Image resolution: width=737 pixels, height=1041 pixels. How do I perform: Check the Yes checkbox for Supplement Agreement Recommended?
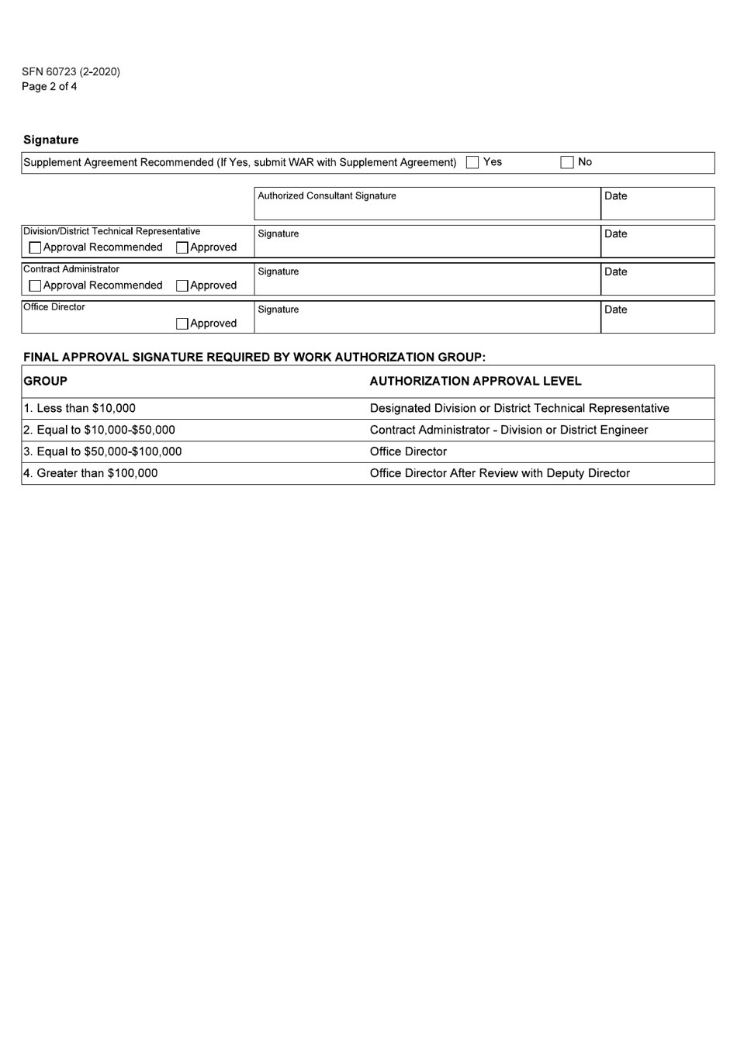pyautogui.click(x=472, y=163)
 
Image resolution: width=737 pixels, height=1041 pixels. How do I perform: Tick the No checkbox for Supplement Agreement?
pyautogui.click(x=567, y=163)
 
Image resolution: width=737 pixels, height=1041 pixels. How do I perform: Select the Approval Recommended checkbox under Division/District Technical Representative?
pyautogui.click(x=35, y=248)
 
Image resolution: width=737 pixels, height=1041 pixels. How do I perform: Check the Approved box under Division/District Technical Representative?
pyautogui.click(x=182, y=248)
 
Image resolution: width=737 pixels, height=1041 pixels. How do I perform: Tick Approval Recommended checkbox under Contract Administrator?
pyautogui.click(x=35, y=286)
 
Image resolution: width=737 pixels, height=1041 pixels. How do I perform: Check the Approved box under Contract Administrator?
pyautogui.click(x=182, y=286)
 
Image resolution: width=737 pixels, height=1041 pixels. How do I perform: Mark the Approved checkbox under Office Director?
pyautogui.click(x=182, y=324)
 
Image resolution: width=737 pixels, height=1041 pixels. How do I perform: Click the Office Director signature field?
pyautogui.click(x=427, y=318)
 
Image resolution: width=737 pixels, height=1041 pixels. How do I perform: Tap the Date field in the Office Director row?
pyautogui.click(x=657, y=318)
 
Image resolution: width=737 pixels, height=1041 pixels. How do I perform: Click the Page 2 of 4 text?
pyautogui.click(x=50, y=87)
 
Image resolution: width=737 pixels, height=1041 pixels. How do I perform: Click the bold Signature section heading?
pyautogui.click(x=51, y=140)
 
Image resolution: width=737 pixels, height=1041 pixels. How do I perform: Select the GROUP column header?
pyautogui.click(x=46, y=382)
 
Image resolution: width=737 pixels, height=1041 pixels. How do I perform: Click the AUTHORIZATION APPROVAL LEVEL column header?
pyautogui.click(x=476, y=382)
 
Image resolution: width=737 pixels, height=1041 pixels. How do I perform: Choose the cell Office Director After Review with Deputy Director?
pyautogui.click(x=500, y=474)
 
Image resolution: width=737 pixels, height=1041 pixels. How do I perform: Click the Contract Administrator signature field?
pyautogui.click(x=427, y=280)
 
